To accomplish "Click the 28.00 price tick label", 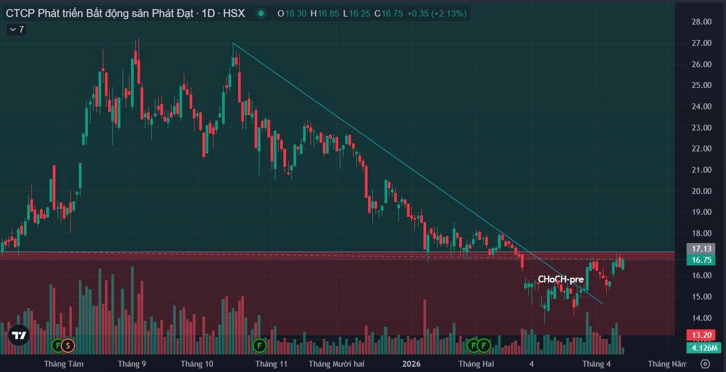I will (x=700, y=22).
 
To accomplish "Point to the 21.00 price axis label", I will (x=700, y=170).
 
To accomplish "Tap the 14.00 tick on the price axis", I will (x=700, y=318).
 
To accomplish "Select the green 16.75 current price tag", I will (x=701, y=260).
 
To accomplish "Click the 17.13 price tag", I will (x=701, y=249).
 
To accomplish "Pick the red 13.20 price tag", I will (x=701, y=335).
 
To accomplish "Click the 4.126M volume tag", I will (x=704, y=347).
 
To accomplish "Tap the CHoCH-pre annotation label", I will (x=560, y=279).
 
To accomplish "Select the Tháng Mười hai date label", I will (x=336, y=364).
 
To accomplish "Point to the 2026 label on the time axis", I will (x=411, y=364).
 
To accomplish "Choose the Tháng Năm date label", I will (x=667, y=364).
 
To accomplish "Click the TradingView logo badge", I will (x=19, y=335).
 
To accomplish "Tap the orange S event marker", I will (x=68, y=345).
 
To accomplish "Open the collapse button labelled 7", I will (x=17, y=29).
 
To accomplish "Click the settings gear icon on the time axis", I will (x=705, y=364).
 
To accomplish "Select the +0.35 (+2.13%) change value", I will (x=436, y=14).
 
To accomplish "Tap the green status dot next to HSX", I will (x=260, y=14).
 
